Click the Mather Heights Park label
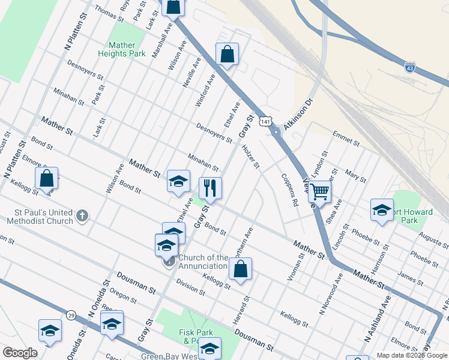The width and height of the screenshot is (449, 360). tap(122, 49)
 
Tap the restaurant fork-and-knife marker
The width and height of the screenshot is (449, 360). tap(210, 188)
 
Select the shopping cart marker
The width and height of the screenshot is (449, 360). tap(320, 192)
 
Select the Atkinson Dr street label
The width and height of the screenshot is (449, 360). tap(299, 113)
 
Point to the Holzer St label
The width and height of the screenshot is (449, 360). tap(250, 157)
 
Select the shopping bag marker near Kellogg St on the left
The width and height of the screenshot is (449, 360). tap(46, 179)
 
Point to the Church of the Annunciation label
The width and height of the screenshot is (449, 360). tap(203, 262)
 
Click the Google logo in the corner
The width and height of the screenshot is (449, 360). tap(20, 353)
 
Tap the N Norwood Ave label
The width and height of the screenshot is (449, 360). tap(331, 294)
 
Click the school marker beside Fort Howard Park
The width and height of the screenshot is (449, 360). tap(382, 211)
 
